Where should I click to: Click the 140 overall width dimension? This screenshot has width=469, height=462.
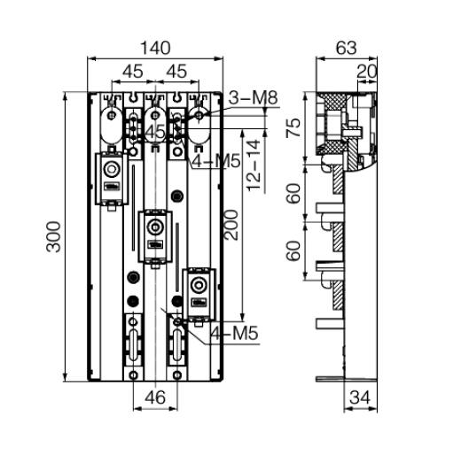click(155, 48)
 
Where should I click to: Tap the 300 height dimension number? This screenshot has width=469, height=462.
click(53, 237)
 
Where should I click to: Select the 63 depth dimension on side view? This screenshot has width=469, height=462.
click(347, 48)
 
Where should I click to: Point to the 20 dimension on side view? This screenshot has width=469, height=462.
click(367, 72)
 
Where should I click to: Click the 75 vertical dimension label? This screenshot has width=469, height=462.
click(293, 127)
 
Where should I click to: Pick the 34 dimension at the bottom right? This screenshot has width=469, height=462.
click(360, 397)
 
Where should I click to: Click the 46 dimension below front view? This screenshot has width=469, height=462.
click(155, 397)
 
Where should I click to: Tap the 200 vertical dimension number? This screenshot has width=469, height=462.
click(231, 225)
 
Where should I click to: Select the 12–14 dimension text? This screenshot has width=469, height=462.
click(254, 166)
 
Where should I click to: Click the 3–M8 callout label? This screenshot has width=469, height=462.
click(254, 98)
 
